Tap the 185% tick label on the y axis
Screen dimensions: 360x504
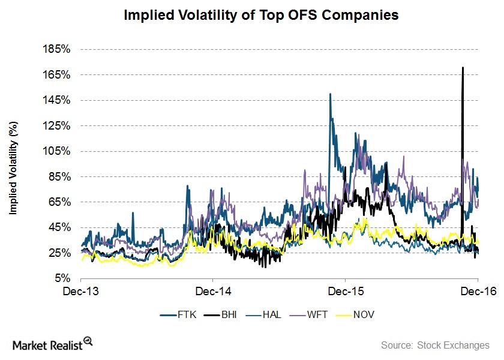(x=58, y=50)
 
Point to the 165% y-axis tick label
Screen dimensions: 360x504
(x=58, y=75)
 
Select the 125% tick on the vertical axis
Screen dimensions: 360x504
(x=58, y=126)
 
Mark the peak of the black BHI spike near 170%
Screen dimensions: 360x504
(x=462, y=68)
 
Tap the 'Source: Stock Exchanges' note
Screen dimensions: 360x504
(x=435, y=345)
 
